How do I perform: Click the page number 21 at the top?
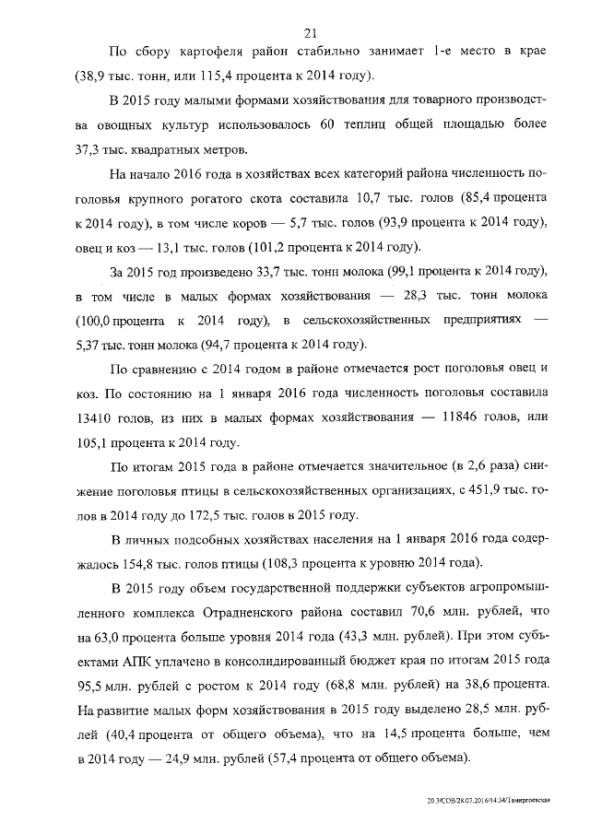coord(296,34)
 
